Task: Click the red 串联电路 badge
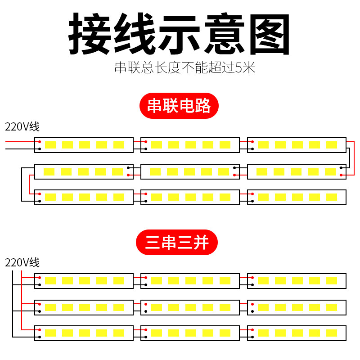179,106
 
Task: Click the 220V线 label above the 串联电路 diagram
22,126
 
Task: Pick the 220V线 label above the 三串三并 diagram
22,262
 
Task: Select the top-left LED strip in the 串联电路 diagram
84,145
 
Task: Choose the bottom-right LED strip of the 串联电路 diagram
297,197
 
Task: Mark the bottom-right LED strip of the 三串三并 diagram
297,333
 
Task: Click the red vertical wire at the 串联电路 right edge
354,157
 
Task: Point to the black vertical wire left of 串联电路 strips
21,184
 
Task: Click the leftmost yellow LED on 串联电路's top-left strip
50,145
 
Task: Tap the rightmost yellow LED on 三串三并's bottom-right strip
332,333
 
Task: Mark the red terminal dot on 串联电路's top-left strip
40,142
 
